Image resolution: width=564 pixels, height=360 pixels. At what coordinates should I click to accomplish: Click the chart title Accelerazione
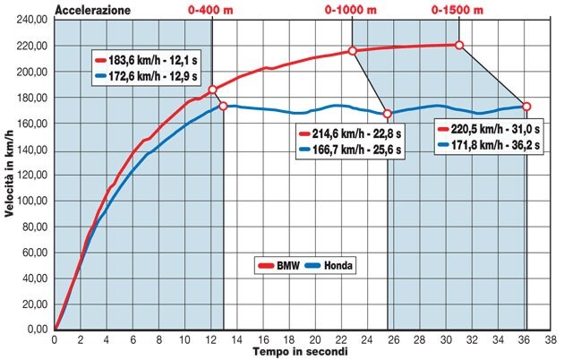[92, 10]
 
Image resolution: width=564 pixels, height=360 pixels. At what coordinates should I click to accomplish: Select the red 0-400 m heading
[211, 10]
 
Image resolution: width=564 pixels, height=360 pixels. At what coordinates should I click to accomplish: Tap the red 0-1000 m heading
[351, 10]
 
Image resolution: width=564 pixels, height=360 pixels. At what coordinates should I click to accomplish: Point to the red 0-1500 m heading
[457, 10]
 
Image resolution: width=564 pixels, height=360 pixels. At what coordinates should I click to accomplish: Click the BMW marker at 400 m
[212, 90]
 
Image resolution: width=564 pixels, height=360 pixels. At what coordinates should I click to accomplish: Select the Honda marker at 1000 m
[388, 114]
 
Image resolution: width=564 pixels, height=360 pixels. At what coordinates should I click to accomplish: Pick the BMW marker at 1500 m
[459, 45]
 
